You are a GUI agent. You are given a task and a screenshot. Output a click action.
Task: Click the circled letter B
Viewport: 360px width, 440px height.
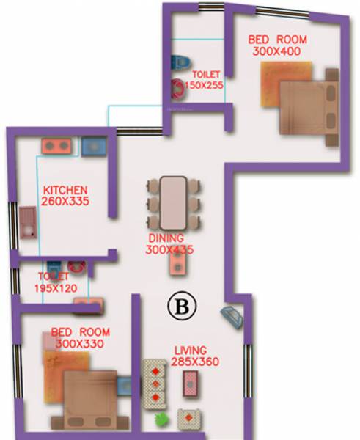(x=178, y=307)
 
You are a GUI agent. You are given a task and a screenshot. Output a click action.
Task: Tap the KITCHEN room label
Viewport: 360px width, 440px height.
(x=65, y=188)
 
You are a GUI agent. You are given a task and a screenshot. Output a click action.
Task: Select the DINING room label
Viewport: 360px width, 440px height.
(x=169, y=238)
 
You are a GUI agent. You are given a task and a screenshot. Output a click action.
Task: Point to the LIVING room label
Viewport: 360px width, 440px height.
(x=190, y=350)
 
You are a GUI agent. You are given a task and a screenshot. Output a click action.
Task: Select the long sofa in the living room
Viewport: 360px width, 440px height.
(x=154, y=382)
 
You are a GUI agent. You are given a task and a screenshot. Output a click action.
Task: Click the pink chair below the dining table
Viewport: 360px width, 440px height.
(x=177, y=264)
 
